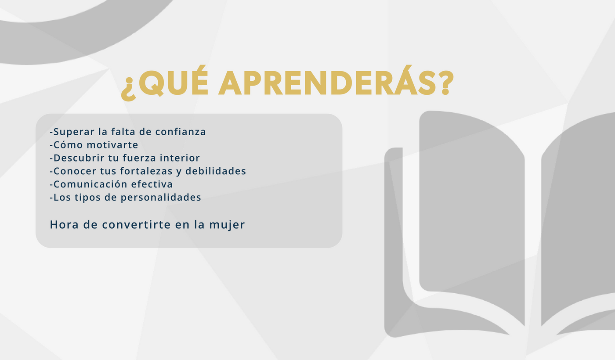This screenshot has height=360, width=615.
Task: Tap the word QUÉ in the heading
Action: click(174, 81)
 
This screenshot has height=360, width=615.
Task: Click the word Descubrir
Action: click(79, 158)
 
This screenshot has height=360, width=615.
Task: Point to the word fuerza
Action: click(140, 158)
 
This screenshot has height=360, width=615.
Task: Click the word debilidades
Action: click(216, 171)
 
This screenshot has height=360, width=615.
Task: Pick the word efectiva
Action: click(152, 184)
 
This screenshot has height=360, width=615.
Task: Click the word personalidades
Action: click(161, 198)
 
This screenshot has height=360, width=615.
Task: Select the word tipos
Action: click(87, 198)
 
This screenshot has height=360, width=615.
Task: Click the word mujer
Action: click(227, 225)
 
